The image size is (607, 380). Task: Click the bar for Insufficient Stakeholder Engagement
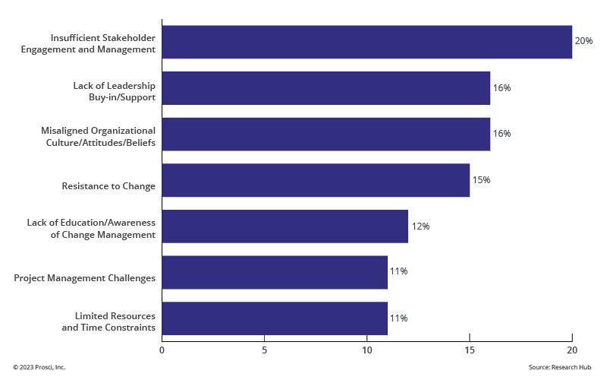[366, 42]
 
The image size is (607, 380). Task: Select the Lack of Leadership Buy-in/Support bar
[326, 88]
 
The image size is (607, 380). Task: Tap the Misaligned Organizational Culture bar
[326, 134]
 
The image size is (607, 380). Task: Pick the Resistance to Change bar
[316, 180]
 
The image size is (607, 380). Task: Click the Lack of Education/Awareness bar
[285, 226]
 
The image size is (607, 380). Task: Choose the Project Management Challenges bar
[275, 272]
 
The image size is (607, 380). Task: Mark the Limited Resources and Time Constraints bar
[275, 318]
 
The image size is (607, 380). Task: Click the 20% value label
[583, 41]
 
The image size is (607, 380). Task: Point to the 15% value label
[481, 180]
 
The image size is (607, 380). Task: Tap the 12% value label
[420, 226]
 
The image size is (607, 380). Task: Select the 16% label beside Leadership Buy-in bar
[502, 88]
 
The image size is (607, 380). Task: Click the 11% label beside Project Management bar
[399, 272]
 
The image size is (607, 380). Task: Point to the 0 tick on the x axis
[162, 350]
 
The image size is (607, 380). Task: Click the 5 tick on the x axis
[264, 350]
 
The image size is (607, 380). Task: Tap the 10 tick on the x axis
[366, 350]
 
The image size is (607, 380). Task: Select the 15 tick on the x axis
[469, 350]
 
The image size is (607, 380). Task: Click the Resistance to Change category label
[108, 186]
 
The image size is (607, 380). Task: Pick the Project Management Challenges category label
[84, 278]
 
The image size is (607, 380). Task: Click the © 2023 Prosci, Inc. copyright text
[39, 367]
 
